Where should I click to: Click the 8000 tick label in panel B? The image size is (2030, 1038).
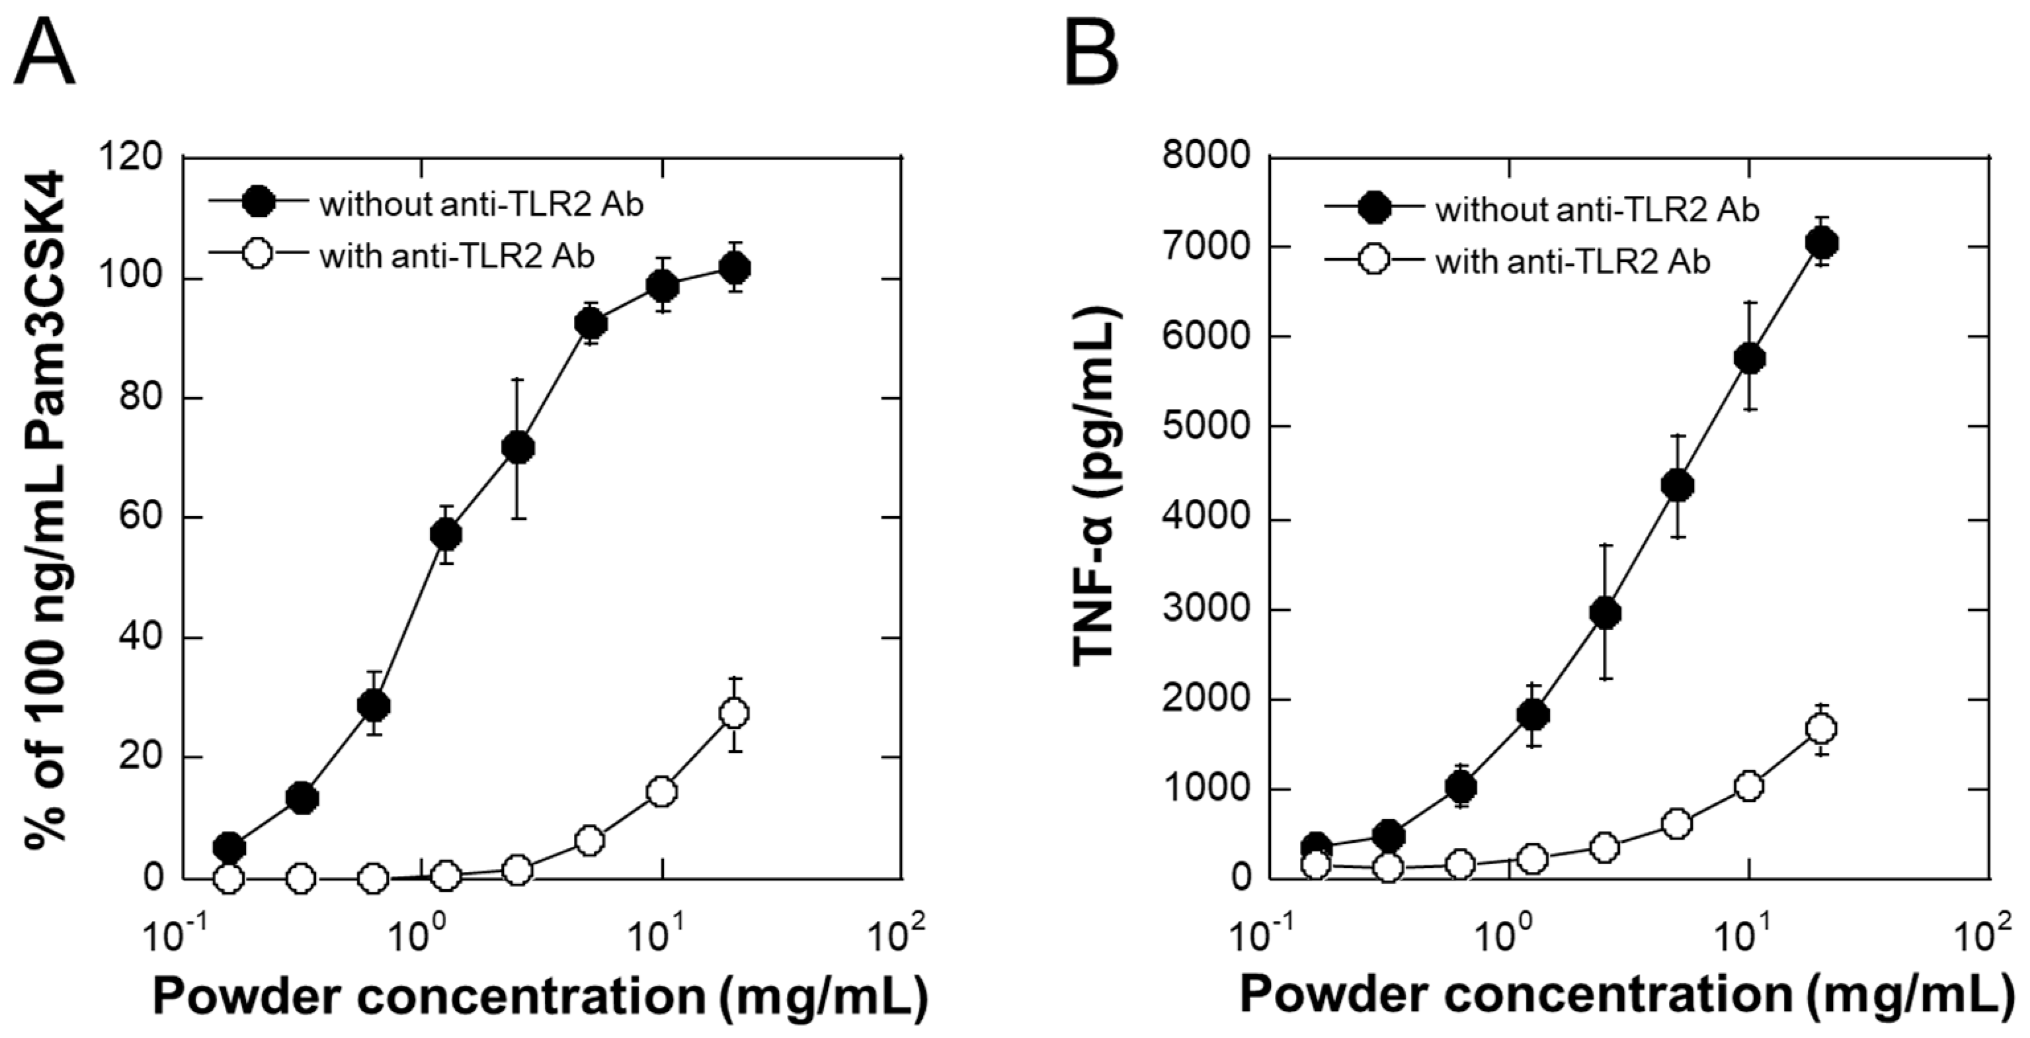[x=1205, y=156]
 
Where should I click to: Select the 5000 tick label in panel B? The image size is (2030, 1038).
[x=1205, y=427]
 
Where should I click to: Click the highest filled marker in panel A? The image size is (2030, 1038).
[x=735, y=269]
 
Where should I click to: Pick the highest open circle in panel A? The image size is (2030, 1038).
[x=735, y=714]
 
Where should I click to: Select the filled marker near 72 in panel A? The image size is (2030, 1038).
[x=518, y=449]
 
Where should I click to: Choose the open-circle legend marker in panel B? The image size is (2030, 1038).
[x=1373, y=261]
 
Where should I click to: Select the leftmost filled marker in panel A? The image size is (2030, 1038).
[x=229, y=847]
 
